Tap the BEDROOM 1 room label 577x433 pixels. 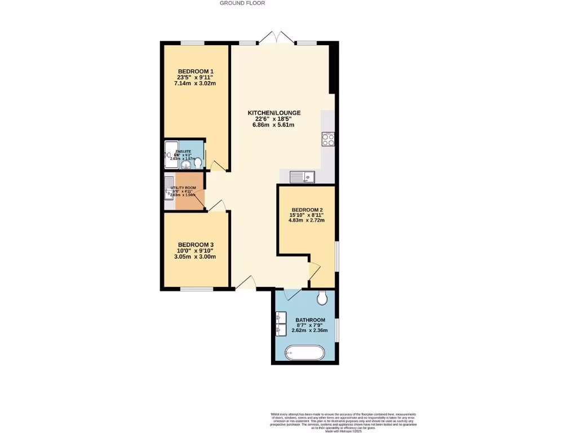click(195, 70)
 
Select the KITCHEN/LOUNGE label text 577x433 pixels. click(274, 113)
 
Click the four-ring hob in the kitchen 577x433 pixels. click(328, 139)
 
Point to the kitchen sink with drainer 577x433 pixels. click(303, 177)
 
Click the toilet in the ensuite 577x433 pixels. click(198, 162)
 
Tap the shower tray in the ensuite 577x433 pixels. click(170, 149)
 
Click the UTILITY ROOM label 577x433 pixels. click(184, 188)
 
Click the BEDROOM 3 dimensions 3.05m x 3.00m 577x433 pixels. click(195, 257)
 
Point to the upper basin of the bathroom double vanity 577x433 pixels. click(281, 317)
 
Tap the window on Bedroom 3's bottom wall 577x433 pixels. click(197, 289)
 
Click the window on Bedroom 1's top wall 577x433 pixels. click(192, 42)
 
